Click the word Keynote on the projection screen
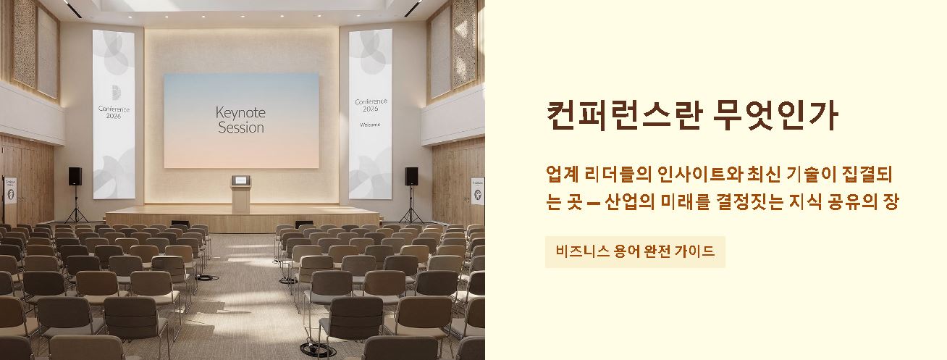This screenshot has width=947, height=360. point(240,112)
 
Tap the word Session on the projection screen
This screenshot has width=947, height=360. point(240,128)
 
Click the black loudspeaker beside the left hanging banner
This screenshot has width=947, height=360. point(75,176)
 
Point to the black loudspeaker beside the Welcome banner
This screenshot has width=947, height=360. point(411,176)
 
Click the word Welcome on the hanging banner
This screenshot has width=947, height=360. point(370,125)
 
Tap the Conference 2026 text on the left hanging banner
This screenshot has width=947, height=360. point(114,112)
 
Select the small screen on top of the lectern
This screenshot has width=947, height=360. point(240,179)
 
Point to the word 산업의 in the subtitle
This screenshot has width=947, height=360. point(625,202)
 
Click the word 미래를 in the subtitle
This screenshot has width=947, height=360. point(685,202)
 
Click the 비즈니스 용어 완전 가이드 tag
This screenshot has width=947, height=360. point(635,252)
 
